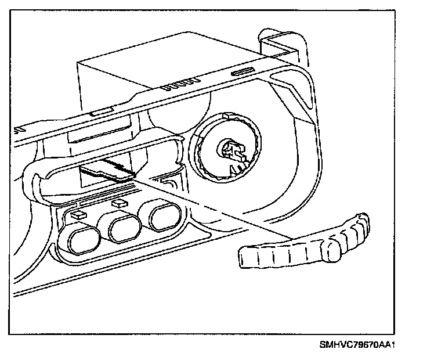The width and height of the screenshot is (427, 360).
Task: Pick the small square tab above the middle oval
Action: point(120,202)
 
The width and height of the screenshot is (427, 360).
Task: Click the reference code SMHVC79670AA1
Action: point(357,344)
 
